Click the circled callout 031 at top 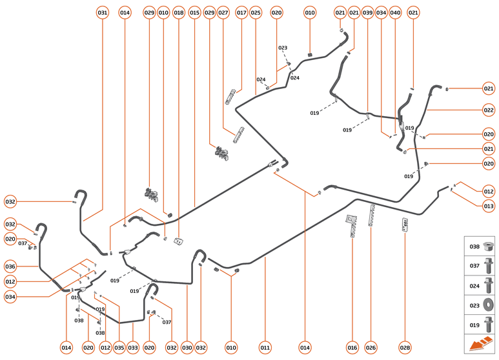click(103, 13)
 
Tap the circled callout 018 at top click(179, 13)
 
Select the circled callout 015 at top click(194, 13)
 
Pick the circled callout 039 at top click(367, 13)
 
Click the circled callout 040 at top click(395, 13)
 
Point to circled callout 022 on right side click(489, 110)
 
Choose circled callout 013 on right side click(489, 206)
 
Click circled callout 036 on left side click(10, 266)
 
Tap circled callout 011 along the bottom click(265, 348)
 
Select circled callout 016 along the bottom click(352, 348)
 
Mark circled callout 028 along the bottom click(405, 348)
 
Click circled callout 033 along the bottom click(133, 348)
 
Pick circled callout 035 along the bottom click(119, 348)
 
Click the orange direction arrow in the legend click(480, 344)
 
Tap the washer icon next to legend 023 click(488, 305)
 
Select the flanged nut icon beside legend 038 click(488, 246)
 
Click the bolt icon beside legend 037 click(488, 266)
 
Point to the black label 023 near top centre click(283, 48)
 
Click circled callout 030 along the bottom click(187, 348)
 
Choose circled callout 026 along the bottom click(371, 348)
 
